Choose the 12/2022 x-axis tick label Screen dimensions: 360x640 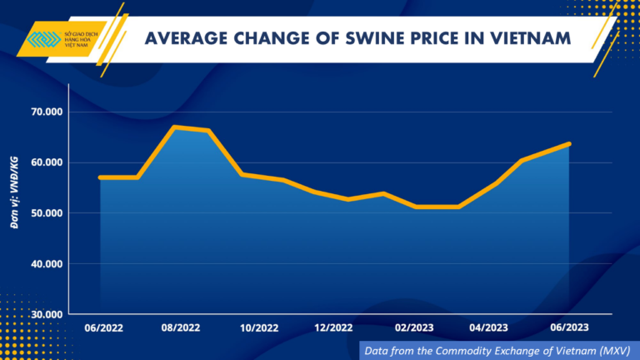335,328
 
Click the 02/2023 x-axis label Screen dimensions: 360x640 413,328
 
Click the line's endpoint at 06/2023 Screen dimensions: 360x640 569,144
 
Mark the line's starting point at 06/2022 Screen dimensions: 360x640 100,177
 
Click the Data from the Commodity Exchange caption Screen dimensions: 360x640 497,351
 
